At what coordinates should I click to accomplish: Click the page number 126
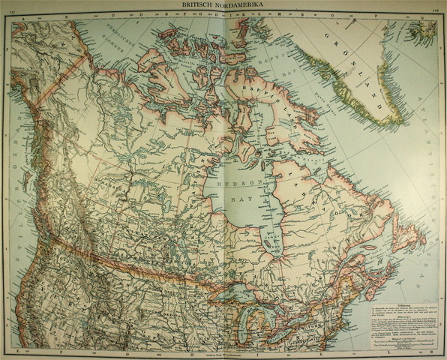pos(436,9)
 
